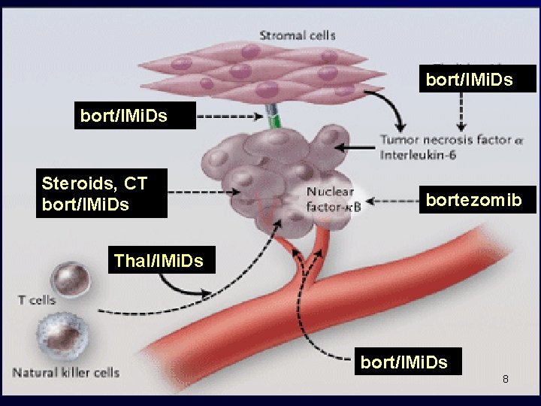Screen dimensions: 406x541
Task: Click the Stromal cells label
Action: click(298, 35)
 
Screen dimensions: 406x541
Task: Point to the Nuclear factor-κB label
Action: click(334, 198)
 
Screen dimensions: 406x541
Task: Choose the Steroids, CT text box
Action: click(101, 193)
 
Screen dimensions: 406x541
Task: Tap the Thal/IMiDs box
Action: click(159, 261)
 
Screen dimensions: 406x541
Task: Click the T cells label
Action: click(37, 300)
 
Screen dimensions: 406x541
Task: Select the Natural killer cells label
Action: click(65, 372)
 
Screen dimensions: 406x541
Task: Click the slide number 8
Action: click(506, 379)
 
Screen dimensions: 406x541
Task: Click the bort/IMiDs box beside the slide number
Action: click(404, 362)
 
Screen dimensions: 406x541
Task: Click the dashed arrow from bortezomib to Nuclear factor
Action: click(394, 201)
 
